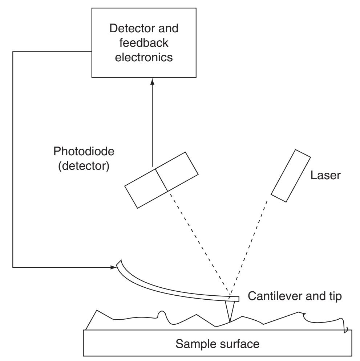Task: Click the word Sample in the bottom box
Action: click(195, 343)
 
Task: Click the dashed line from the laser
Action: click(251, 247)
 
